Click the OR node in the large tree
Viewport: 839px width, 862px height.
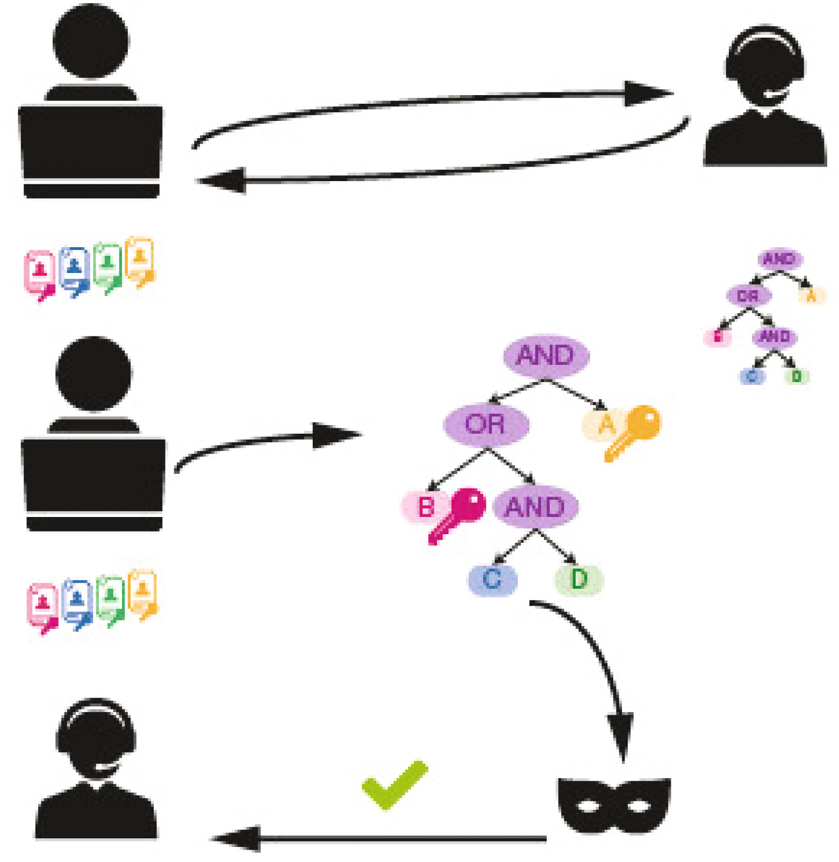click(485, 424)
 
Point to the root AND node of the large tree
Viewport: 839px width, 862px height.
click(546, 355)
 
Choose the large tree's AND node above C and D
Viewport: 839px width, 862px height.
click(535, 507)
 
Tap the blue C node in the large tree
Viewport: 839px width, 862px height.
click(492, 579)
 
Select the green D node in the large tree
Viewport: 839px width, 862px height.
click(578, 579)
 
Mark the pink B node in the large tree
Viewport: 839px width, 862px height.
click(426, 507)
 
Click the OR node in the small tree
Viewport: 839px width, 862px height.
click(748, 296)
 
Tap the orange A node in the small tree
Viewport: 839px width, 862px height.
click(811, 296)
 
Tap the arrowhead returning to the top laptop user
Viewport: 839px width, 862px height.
click(223, 180)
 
